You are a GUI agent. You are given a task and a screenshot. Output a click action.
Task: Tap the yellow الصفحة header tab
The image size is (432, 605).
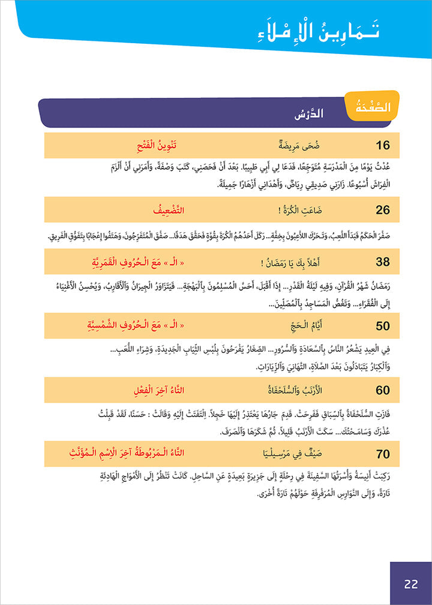click(371, 108)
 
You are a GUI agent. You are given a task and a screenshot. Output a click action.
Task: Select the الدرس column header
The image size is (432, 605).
click(310, 113)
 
